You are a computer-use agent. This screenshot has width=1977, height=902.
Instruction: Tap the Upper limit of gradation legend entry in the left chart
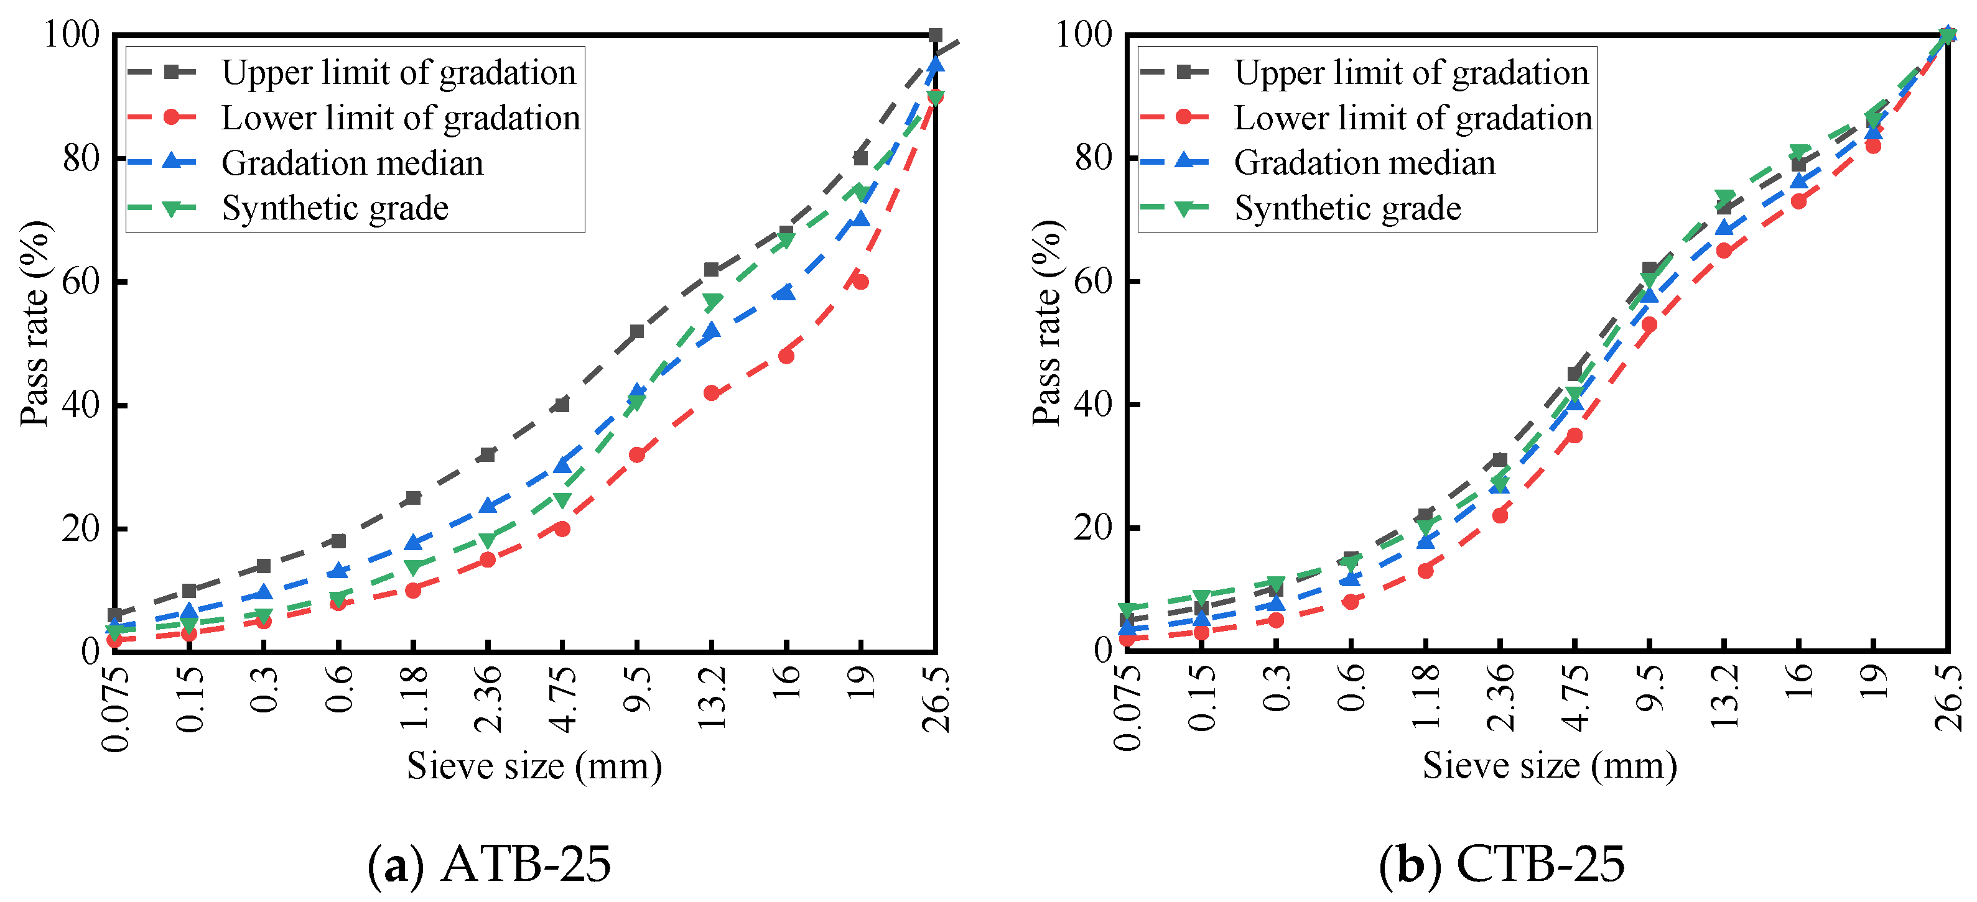398,72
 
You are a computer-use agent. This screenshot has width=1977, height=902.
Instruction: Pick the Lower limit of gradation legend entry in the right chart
1412,117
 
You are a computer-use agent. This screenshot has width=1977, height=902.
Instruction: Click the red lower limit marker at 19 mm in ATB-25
860,282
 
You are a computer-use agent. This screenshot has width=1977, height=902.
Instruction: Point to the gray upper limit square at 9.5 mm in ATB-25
636,331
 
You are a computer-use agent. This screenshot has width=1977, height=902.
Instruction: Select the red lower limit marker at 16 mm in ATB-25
786,356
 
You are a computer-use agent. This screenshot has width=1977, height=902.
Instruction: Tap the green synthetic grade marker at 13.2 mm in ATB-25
712,301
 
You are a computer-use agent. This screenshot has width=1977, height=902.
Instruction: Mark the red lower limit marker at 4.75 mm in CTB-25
1574,435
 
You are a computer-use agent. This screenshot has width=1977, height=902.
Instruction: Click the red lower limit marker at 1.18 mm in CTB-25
1425,571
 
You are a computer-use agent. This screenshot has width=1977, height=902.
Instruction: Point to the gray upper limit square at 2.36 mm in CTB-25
1500,460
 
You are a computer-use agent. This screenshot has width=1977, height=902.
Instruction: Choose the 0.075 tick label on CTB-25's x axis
1127,707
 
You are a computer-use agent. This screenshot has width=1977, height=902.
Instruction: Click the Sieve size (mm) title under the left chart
534,765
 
